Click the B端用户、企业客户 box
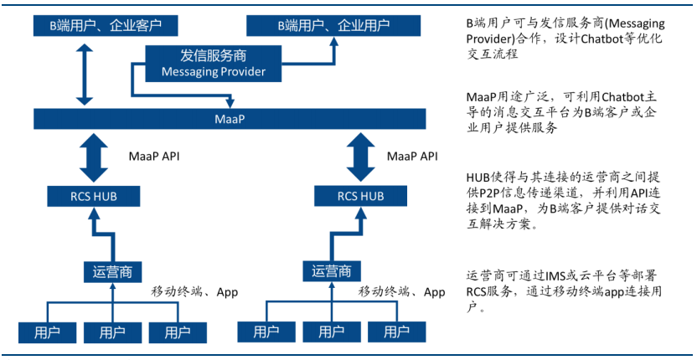pyautogui.click(x=106, y=25)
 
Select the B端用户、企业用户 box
pyautogui.click(x=333, y=25)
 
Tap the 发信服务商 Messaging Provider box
pyautogui.click(x=214, y=64)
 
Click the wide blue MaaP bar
pyautogui.click(x=230, y=119)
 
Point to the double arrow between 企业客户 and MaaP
pyautogui.click(x=85, y=74)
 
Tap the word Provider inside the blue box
pyautogui.click(x=244, y=71)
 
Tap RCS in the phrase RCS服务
pyautogui.click(x=477, y=292)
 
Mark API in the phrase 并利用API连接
pyautogui.click(x=623, y=194)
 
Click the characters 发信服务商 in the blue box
pyautogui.click(x=214, y=56)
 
